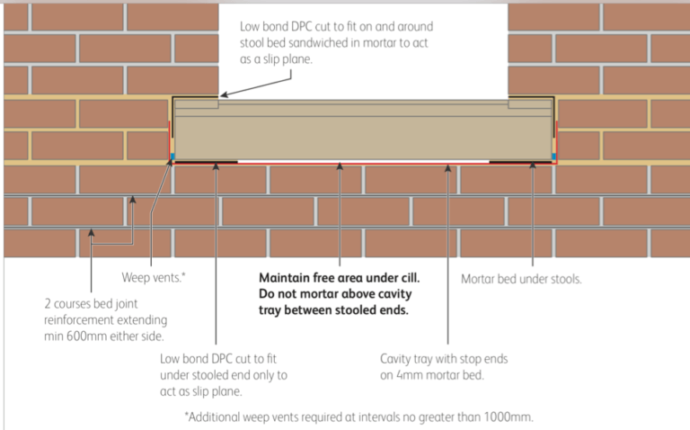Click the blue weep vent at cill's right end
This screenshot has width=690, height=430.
coord(554,156)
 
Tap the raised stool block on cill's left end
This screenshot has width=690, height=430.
coord(196,104)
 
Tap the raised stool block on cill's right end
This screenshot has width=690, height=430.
coord(530,104)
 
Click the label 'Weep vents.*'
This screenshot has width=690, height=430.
coord(154,278)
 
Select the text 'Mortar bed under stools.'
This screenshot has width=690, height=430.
coord(521,279)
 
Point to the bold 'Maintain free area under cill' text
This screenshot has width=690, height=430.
coord(340,278)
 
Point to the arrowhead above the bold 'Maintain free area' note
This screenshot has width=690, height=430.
coord(340,165)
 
